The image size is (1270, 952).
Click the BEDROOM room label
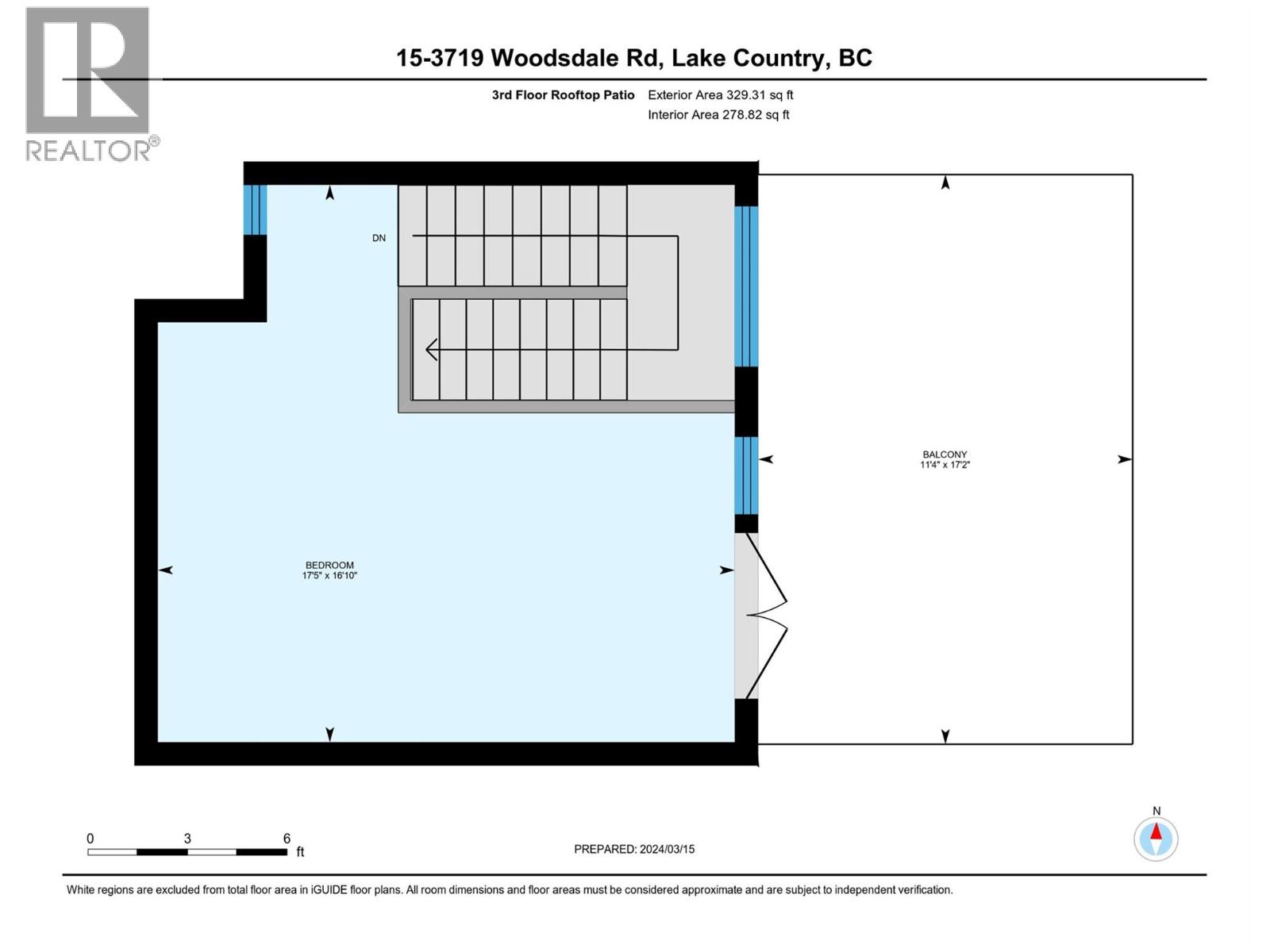point(329,565)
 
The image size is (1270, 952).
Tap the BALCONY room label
point(945,455)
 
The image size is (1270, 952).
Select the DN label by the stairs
point(379,238)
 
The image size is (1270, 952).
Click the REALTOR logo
point(88,83)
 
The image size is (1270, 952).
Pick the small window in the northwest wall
point(255,209)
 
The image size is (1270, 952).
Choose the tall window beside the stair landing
point(746,286)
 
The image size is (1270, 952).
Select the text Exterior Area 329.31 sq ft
point(720,95)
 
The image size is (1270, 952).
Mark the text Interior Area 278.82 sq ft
point(718,115)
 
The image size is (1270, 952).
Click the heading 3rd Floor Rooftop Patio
point(563,95)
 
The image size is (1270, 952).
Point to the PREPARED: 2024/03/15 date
point(634,849)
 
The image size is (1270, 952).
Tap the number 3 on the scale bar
point(187,839)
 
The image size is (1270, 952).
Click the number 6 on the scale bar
point(287,839)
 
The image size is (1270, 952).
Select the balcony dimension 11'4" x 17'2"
point(945,465)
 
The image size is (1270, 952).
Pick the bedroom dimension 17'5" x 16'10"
point(329,575)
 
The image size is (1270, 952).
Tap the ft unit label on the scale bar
point(300,852)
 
